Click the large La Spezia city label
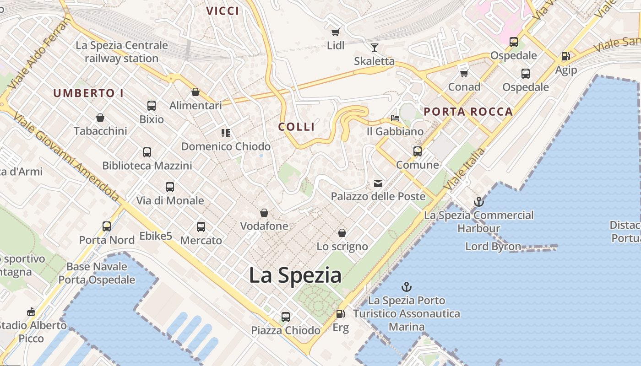tap(295, 275)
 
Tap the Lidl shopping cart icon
tap(336, 32)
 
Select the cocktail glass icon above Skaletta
tap(375, 47)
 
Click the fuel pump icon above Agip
tap(566, 56)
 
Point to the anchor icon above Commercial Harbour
tap(478, 201)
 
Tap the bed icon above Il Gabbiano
tap(395, 118)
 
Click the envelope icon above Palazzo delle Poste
tap(378, 183)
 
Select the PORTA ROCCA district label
tap(468, 112)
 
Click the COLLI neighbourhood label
tap(297, 127)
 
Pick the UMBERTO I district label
tap(88, 93)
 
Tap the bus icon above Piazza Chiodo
tap(286, 317)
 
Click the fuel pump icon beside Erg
tap(340, 314)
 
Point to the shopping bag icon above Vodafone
tap(264, 213)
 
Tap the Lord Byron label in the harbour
tap(493, 247)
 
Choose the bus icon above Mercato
tap(201, 226)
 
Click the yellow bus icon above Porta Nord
tap(107, 226)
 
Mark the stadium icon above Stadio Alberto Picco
tap(31, 312)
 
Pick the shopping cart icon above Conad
tap(464, 73)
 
